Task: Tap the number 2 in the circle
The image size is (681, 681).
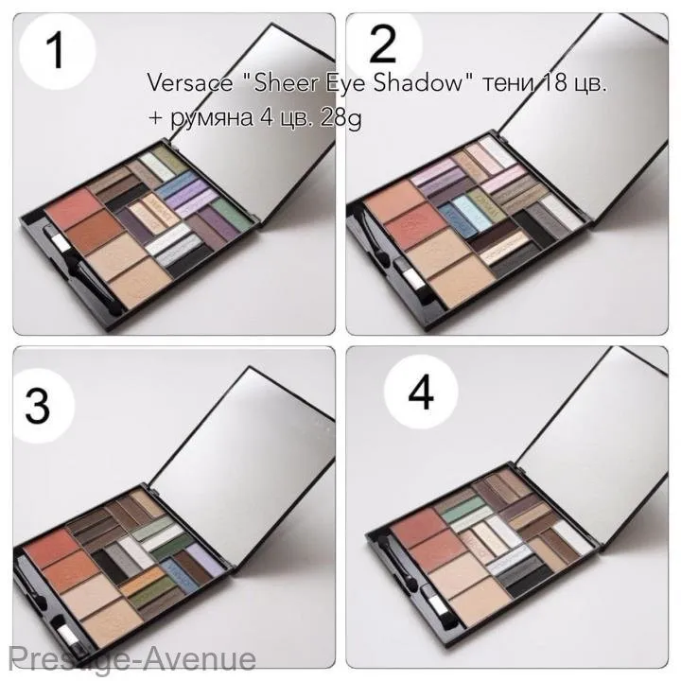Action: coord(382,44)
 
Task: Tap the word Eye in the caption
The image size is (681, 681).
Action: coord(354,83)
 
